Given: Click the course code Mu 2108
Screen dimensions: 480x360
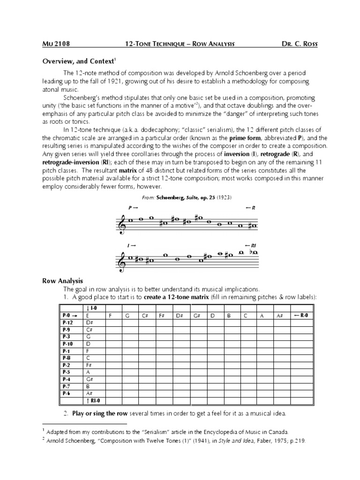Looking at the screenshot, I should [56, 45].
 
